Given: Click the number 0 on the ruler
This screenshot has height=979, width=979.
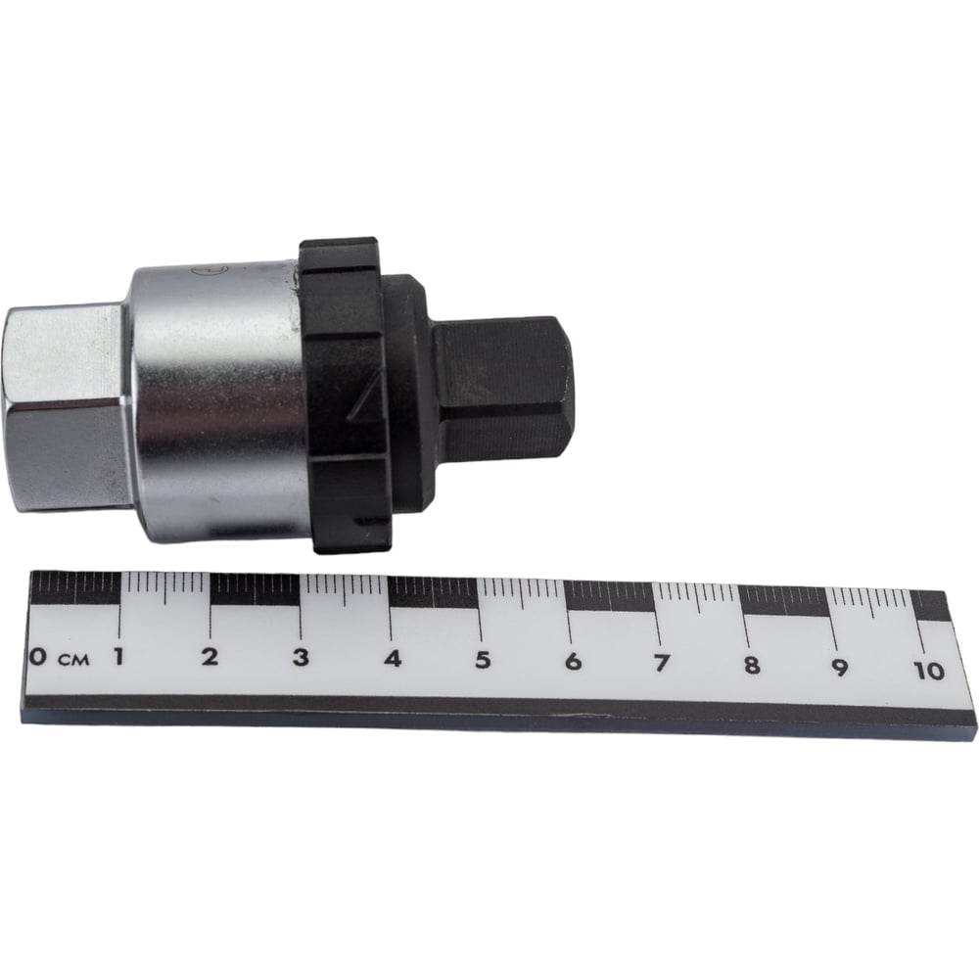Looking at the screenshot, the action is (38, 656).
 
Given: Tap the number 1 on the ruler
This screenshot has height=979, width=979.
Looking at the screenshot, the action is (117, 656).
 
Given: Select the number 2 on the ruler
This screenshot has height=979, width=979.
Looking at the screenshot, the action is (210, 657).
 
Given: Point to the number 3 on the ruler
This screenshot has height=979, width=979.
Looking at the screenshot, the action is (301, 658).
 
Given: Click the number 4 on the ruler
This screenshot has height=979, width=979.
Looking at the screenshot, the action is (393, 659).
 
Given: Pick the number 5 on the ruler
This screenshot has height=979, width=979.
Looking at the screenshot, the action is (483, 660).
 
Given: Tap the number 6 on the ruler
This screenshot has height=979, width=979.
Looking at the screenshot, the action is (573, 662).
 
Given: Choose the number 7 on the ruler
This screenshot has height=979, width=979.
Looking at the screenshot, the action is (661, 663).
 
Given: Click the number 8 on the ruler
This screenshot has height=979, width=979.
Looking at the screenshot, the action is (751, 665).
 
